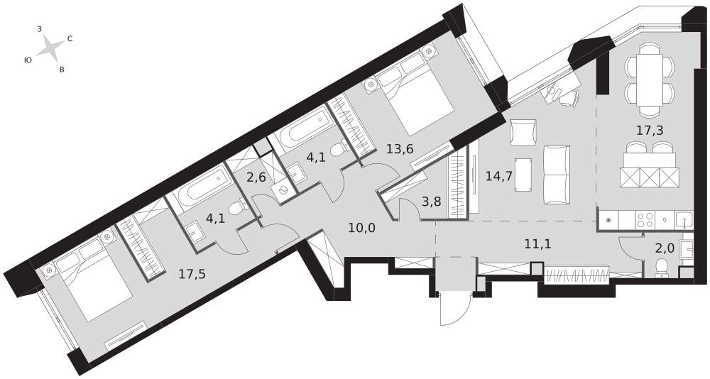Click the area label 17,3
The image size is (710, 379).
click(650, 131)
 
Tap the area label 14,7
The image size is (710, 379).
click(499, 176)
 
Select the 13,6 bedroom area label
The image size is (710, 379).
click(400, 148)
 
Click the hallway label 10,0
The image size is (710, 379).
click(362, 228)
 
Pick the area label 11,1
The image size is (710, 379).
click(537, 245)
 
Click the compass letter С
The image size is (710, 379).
click(70, 39)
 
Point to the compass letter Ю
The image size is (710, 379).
click(28, 60)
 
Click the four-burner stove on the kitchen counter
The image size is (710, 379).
click(645, 220)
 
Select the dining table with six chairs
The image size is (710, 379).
click(650, 80)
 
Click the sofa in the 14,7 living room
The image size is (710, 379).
click(556, 175)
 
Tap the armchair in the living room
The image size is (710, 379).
click(523, 132)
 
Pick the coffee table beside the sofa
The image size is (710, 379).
click(523, 175)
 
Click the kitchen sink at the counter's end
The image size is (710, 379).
click(683, 220)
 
